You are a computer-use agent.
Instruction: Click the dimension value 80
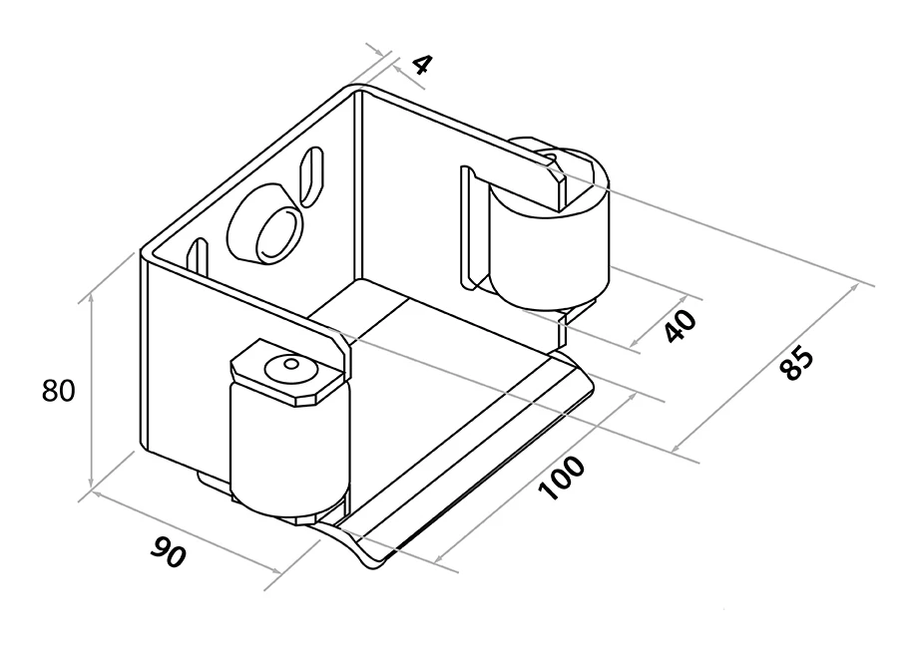(59, 391)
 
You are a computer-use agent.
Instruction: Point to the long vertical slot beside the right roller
(465, 225)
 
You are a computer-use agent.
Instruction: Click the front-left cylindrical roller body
(286, 449)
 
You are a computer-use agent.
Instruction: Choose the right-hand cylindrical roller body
(549, 244)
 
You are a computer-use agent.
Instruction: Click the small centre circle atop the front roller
(290, 365)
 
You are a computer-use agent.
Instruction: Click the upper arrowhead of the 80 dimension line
(91, 295)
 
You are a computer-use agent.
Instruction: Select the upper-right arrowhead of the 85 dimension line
(854, 286)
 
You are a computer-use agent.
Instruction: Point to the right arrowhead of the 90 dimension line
(279, 571)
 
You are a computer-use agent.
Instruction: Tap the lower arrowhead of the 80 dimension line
(91, 488)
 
